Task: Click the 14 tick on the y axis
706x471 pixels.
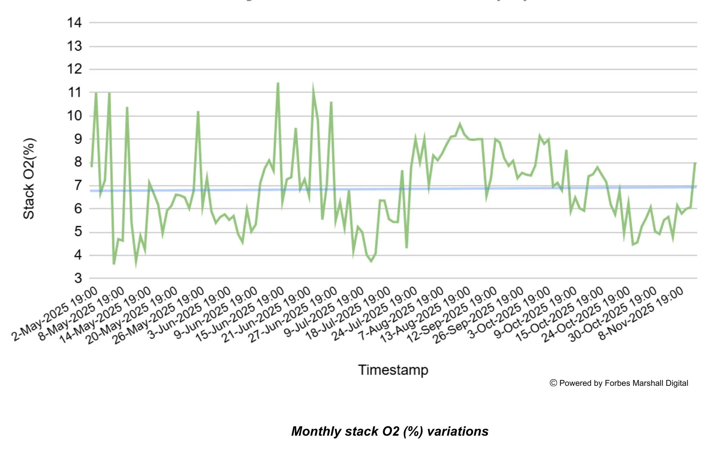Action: point(74,23)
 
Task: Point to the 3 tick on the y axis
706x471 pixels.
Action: point(78,278)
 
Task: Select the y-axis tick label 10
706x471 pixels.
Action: point(74,116)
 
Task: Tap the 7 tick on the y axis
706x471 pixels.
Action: point(78,185)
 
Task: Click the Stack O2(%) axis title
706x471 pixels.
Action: point(29,179)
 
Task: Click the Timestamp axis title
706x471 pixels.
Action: point(393,370)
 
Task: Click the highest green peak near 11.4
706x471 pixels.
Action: point(278,83)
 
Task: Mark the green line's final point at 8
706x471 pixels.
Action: point(695,162)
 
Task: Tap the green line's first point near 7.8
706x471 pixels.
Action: point(91,166)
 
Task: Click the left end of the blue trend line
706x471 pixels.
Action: point(91,191)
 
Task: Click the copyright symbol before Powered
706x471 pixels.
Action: point(553,383)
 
